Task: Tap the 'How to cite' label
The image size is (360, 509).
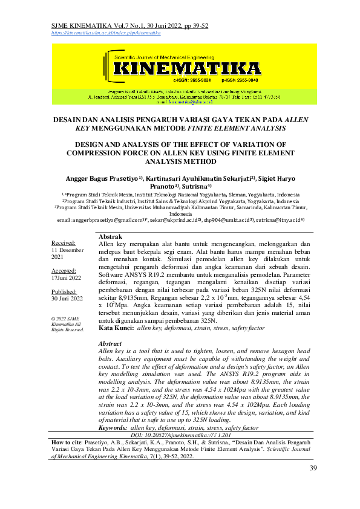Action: (68, 442)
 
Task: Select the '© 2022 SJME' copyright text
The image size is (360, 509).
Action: (66, 318)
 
